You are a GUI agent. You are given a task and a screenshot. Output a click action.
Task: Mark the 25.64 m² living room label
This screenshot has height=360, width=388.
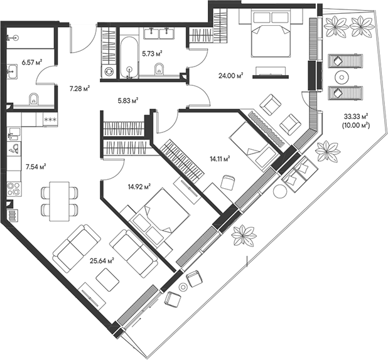click(x=101, y=260)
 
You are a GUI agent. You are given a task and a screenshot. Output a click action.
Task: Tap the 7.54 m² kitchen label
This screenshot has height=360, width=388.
click(x=36, y=167)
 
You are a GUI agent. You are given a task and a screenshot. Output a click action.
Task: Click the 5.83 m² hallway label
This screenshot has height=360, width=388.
click(x=127, y=99)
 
